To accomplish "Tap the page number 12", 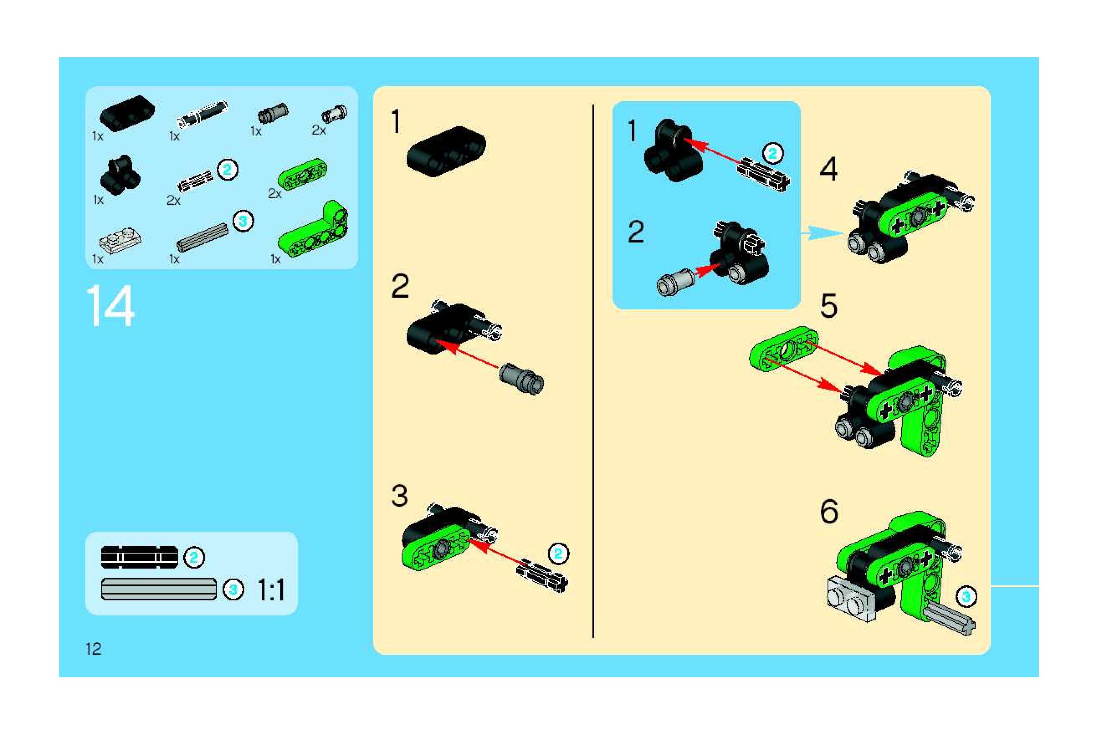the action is tap(93, 649).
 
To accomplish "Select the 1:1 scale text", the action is tap(271, 590).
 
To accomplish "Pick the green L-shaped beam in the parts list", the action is tap(313, 230).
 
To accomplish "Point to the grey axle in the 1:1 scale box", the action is tap(159, 589).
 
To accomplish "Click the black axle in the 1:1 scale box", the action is tap(140, 557).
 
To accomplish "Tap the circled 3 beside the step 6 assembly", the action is tap(966, 597).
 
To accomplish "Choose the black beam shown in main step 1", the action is tap(446, 151).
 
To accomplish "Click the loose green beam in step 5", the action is tap(784, 348).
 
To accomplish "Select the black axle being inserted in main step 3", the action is tap(542, 576).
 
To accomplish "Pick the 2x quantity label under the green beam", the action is tap(274, 194).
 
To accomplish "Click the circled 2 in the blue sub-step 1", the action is tap(772, 153).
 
